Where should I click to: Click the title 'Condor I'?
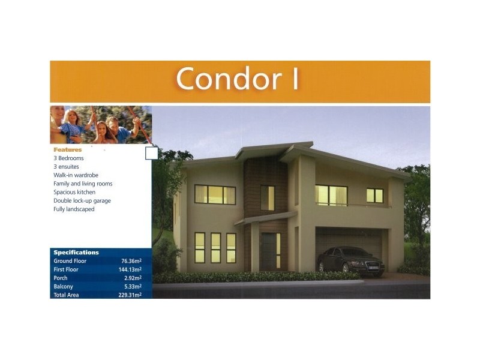point(237,79)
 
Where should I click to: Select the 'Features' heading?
point(67,149)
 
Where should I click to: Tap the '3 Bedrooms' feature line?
point(68,158)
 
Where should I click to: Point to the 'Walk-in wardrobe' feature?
point(76,175)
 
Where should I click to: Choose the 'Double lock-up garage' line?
point(82,200)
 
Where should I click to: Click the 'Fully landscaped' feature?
point(74,209)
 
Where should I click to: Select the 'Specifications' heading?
point(76,253)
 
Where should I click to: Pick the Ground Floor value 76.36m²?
point(131,261)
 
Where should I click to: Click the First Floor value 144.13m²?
point(130,269)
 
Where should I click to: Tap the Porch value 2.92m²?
point(132,278)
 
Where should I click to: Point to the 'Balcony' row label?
point(63,286)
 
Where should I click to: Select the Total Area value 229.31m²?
point(130,295)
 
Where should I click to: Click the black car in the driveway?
point(350,261)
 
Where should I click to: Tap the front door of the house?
point(268,251)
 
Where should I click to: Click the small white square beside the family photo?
point(152,153)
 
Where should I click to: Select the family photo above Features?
point(100,125)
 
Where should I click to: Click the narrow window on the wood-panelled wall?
point(267,198)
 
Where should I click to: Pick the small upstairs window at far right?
point(374,196)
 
